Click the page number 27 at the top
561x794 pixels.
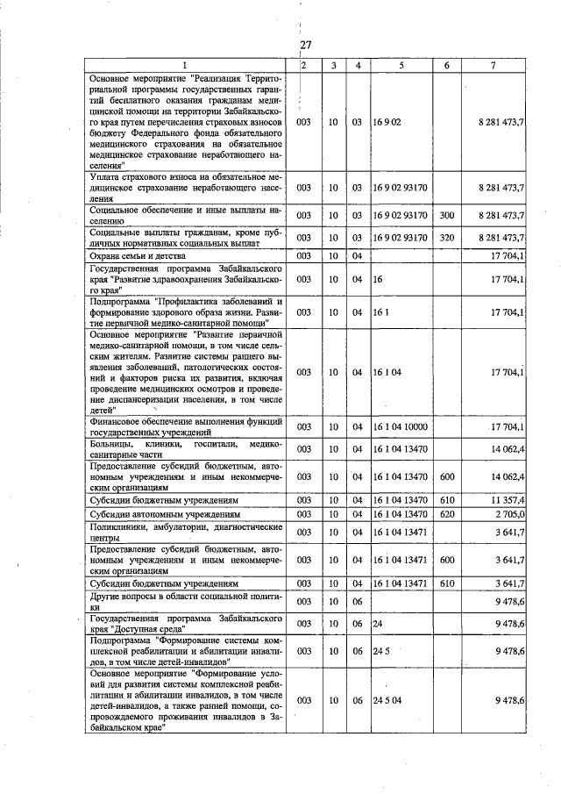pos(305,46)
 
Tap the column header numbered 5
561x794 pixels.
pos(401,65)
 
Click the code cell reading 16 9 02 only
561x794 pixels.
pos(387,122)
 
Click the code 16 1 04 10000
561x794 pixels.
pos(400,427)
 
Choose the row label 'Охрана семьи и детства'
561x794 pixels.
pos(140,255)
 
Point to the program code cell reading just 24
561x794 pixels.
pos(379,623)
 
